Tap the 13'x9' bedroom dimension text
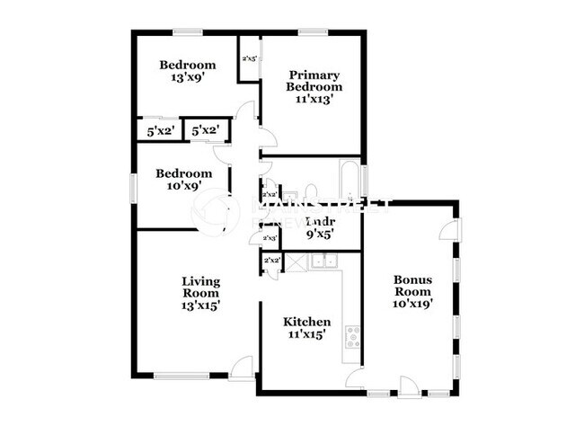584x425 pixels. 188,78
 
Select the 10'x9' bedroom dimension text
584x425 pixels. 183,186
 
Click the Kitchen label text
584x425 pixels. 307,323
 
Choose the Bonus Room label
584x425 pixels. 413,285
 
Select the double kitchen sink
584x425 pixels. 322,262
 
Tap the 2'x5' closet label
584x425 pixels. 249,60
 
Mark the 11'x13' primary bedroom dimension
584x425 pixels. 314,100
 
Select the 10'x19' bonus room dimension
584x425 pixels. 413,304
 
